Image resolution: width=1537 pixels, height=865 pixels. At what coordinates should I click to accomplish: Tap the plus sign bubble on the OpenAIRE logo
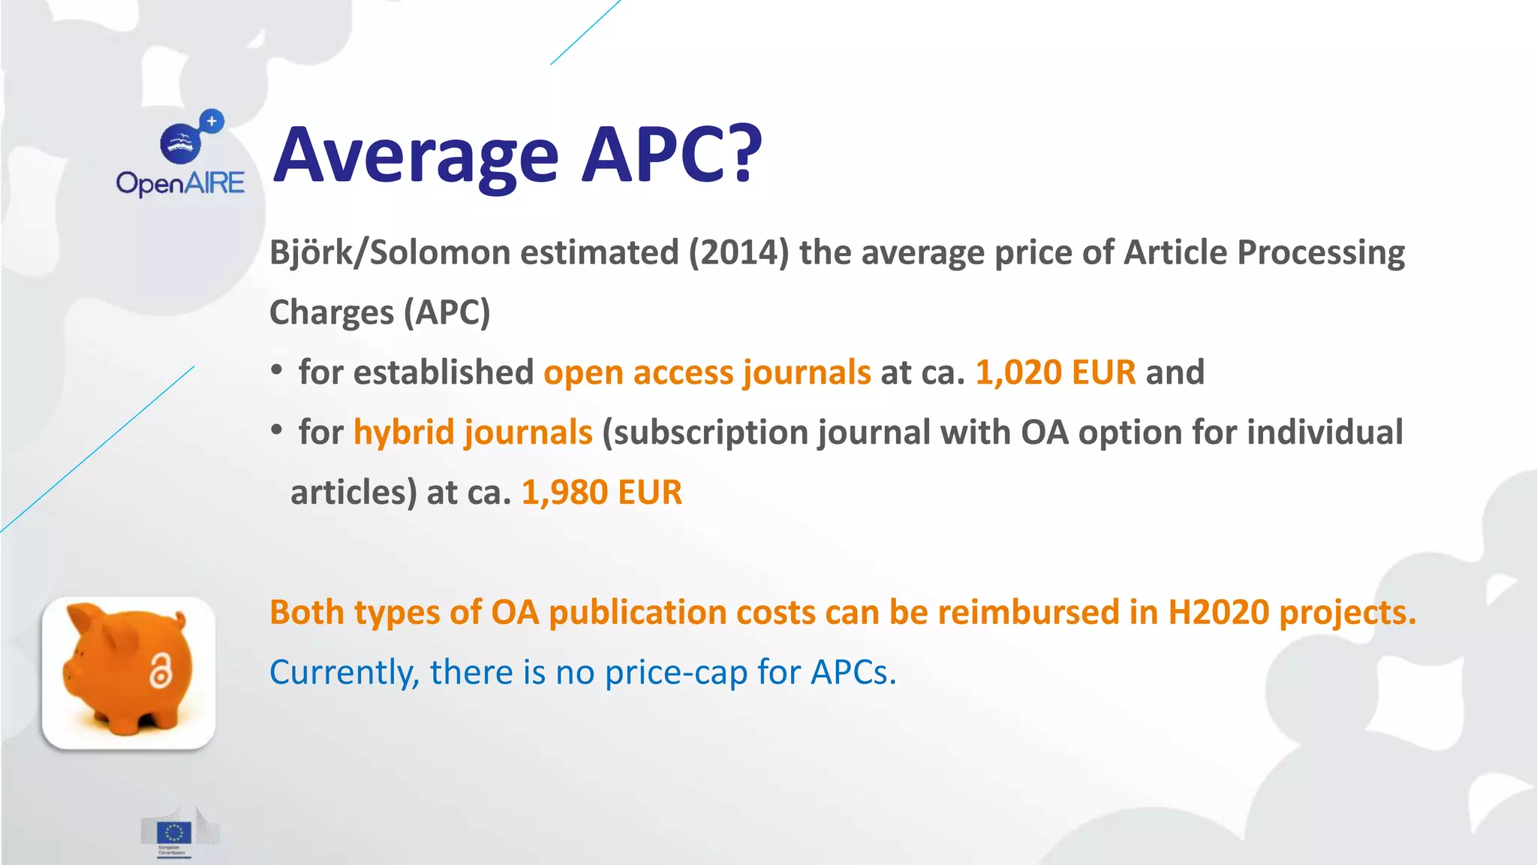(212, 121)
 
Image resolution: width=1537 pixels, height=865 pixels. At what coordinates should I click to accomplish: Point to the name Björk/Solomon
(390, 252)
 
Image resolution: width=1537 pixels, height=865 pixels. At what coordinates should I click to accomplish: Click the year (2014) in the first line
(738, 252)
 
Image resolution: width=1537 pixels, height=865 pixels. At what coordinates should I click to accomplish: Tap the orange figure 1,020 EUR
(1055, 372)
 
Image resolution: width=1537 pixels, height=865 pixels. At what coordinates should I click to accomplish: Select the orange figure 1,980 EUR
(601, 493)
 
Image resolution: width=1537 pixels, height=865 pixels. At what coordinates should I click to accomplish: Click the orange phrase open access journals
(707, 372)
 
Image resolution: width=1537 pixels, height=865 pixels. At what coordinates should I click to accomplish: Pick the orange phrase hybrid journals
(473, 432)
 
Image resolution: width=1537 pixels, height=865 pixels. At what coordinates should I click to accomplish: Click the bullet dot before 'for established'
(277, 370)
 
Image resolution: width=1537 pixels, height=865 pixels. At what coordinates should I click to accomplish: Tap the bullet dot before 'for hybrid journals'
(277, 430)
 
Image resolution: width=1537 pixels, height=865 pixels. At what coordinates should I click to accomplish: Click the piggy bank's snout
(72, 667)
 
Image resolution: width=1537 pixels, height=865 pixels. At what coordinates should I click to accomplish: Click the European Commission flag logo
(174, 832)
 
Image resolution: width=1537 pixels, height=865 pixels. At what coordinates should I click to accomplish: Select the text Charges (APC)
(380, 312)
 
